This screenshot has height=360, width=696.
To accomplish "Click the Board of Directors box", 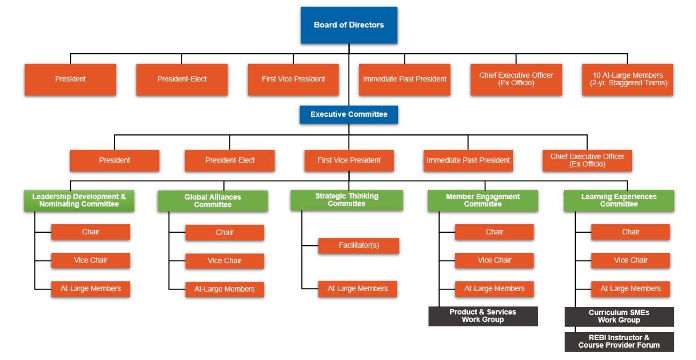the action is click(x=349, y=25).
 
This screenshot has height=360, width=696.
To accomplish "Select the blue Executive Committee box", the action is click(x=348, y=115).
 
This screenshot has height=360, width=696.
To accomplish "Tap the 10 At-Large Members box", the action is click(x=627, y=79).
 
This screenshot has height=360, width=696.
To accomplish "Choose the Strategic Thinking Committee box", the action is click(x=347, y=200).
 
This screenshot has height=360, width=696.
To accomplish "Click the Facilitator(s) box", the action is click(x=358, y=245).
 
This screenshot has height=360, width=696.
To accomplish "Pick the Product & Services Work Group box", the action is click(x=483, y=316).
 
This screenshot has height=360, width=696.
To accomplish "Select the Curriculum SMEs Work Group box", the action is click(x=619, y=317).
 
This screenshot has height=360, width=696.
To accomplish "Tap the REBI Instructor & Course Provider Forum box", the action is click(x=619, y=342).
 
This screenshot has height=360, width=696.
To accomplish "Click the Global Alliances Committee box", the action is click(x=212, y=201).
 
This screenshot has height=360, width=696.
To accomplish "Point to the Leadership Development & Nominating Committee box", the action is click(x=79, y=201).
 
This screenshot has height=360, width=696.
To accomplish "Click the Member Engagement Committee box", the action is click(x=483, y=201).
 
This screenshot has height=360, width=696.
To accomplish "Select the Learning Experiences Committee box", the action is click(x=619, y=201).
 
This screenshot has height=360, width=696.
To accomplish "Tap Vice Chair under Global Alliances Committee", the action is click(x=225, y=261).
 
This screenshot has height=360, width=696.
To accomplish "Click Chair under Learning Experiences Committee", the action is click(x=631, y=232).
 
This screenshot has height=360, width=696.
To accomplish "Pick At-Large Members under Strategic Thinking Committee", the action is click(x=357, y=289).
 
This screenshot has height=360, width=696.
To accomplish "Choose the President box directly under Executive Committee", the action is click(x=114, y=160).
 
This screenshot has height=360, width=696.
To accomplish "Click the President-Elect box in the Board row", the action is click(x=182, y=79).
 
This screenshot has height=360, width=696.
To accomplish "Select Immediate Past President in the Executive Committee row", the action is click(x=468, y=160).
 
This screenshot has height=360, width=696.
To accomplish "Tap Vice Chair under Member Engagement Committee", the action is click(x=494, y=261).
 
